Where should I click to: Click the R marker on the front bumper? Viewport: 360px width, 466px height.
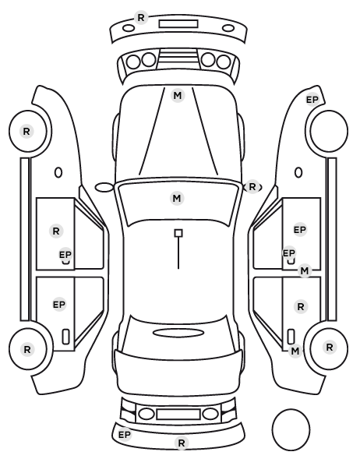(141, 18)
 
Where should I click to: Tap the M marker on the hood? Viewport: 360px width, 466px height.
(177, 96)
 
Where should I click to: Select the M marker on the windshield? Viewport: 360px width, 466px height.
(177, 198)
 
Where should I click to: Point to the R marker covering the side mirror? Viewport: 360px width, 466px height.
(252, 187)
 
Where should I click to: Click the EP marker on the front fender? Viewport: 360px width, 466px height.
(312, 100)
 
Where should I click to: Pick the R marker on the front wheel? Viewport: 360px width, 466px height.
(26, 132)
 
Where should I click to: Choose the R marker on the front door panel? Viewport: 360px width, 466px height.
(56, 231)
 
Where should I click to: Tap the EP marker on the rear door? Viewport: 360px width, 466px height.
(59, 305)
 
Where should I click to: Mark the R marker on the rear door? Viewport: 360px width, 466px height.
(301, 307)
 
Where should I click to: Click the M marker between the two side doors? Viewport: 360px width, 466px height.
(305, 271)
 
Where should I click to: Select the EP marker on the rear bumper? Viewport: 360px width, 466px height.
(125, 435)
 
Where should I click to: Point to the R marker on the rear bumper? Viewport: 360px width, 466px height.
(182, 443)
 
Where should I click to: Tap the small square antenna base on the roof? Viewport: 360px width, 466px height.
(178, 233)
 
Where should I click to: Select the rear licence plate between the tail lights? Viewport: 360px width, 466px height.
(178, 415)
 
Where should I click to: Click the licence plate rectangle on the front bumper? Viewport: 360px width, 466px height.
(178, 24)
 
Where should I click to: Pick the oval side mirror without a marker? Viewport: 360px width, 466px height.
(104, 188)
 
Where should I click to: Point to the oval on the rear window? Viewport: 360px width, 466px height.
(178, 333)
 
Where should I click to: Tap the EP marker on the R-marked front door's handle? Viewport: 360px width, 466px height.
(65, 255)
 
